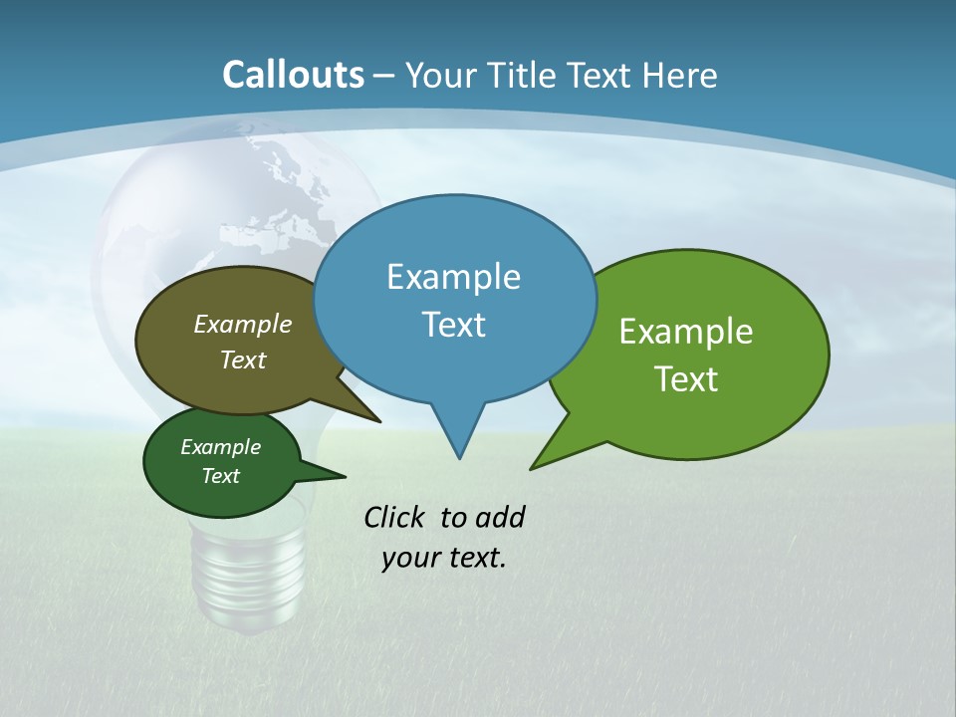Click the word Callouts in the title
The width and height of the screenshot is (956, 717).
point(293,75)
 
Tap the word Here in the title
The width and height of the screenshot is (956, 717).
point(681,76)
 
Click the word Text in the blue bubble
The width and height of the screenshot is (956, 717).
point(453,324)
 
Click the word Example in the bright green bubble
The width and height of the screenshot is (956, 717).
point(686,331)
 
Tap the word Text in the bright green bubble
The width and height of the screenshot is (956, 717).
point(686,378)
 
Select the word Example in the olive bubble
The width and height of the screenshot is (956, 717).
point(242,324)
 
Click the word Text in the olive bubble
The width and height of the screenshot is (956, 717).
point(242,359)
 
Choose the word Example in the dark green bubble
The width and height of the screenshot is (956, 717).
point(220,447)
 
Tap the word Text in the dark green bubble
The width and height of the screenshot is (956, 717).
point(220,476)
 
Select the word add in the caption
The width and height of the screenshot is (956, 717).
point(500,517)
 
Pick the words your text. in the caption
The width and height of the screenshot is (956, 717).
point(443,558)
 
